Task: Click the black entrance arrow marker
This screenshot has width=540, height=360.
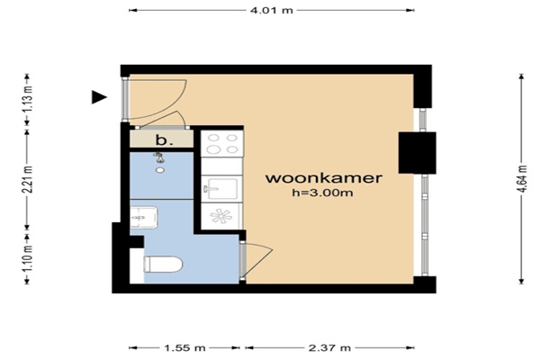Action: (99, 97)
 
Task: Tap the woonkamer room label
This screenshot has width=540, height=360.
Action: (324, 178)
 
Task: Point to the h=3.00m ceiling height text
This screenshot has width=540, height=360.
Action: (322, 193)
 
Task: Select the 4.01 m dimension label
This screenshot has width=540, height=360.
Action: (272, 10)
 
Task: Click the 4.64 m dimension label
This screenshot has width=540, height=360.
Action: (523, 179)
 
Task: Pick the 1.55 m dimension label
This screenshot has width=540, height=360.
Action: (184, 348)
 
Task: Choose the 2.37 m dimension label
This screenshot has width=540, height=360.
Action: (329, 348)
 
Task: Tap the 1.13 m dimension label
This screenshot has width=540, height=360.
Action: (29, 97)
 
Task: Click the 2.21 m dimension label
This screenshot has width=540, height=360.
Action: (29, 179)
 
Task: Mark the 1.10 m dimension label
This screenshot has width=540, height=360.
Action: (29, 257)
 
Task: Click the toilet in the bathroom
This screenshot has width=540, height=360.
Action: (163, 265)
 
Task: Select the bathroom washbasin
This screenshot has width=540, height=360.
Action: (144, 217)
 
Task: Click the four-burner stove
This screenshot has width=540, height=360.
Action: (222, 143)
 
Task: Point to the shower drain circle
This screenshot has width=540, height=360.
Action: (160, 170)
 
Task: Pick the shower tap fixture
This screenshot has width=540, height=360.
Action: (158, 157)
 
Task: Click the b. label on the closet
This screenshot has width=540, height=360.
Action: (164, 140)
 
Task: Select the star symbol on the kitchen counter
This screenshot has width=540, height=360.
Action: (221, 216)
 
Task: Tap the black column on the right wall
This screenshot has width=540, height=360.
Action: (418, 153)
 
